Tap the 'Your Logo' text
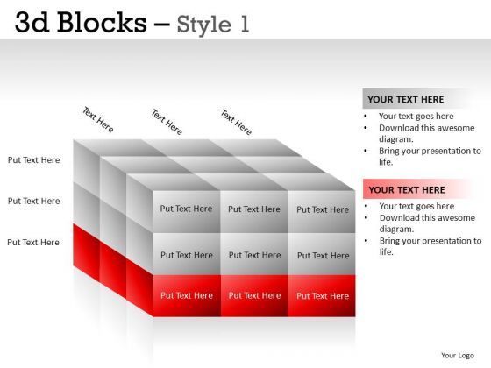point(458,355)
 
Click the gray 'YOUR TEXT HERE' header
point(406,99)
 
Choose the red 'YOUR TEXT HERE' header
point(407,189)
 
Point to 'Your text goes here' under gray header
point(416,116)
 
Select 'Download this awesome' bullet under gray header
point(427,127)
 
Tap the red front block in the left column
point(186,296)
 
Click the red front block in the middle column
point(254,296)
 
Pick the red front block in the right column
point(322,296)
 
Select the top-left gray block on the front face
point(186,209)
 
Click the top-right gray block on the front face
point(322,210)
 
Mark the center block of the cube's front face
point(254,255)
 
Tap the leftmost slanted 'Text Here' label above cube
point(98,120)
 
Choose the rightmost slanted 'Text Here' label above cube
point(236,122)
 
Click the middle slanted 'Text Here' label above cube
point(167,121)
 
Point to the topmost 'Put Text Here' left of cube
point(34,160)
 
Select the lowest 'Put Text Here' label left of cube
point(34,242)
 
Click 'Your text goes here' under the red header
point(416,207)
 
